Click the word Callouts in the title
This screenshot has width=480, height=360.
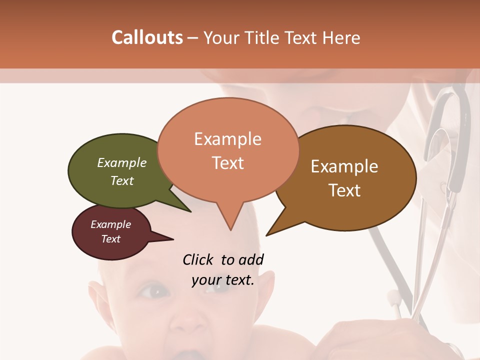(x=147, y=37)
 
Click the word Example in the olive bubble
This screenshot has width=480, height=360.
(x=122, y=163)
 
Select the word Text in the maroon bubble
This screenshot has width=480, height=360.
(x=111, y=239)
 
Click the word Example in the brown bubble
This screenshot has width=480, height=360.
(x=344, y=166)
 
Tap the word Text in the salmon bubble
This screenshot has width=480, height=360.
(x=228, y=163)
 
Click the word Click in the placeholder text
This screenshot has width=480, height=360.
(x=198, y=259)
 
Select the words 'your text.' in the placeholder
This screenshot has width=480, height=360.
(x=223, y=280)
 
